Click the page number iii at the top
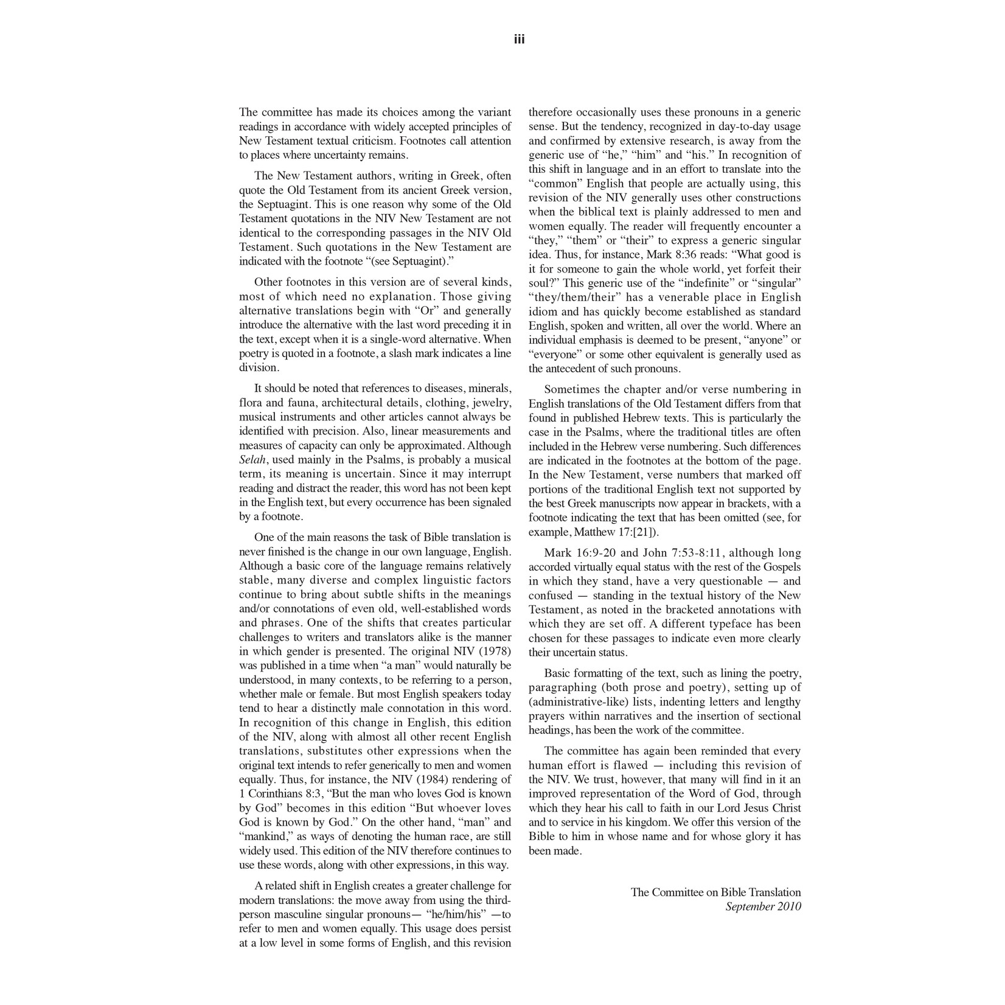click(519, 40)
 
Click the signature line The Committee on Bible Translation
click(715, 892)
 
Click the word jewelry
click(491, 403)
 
